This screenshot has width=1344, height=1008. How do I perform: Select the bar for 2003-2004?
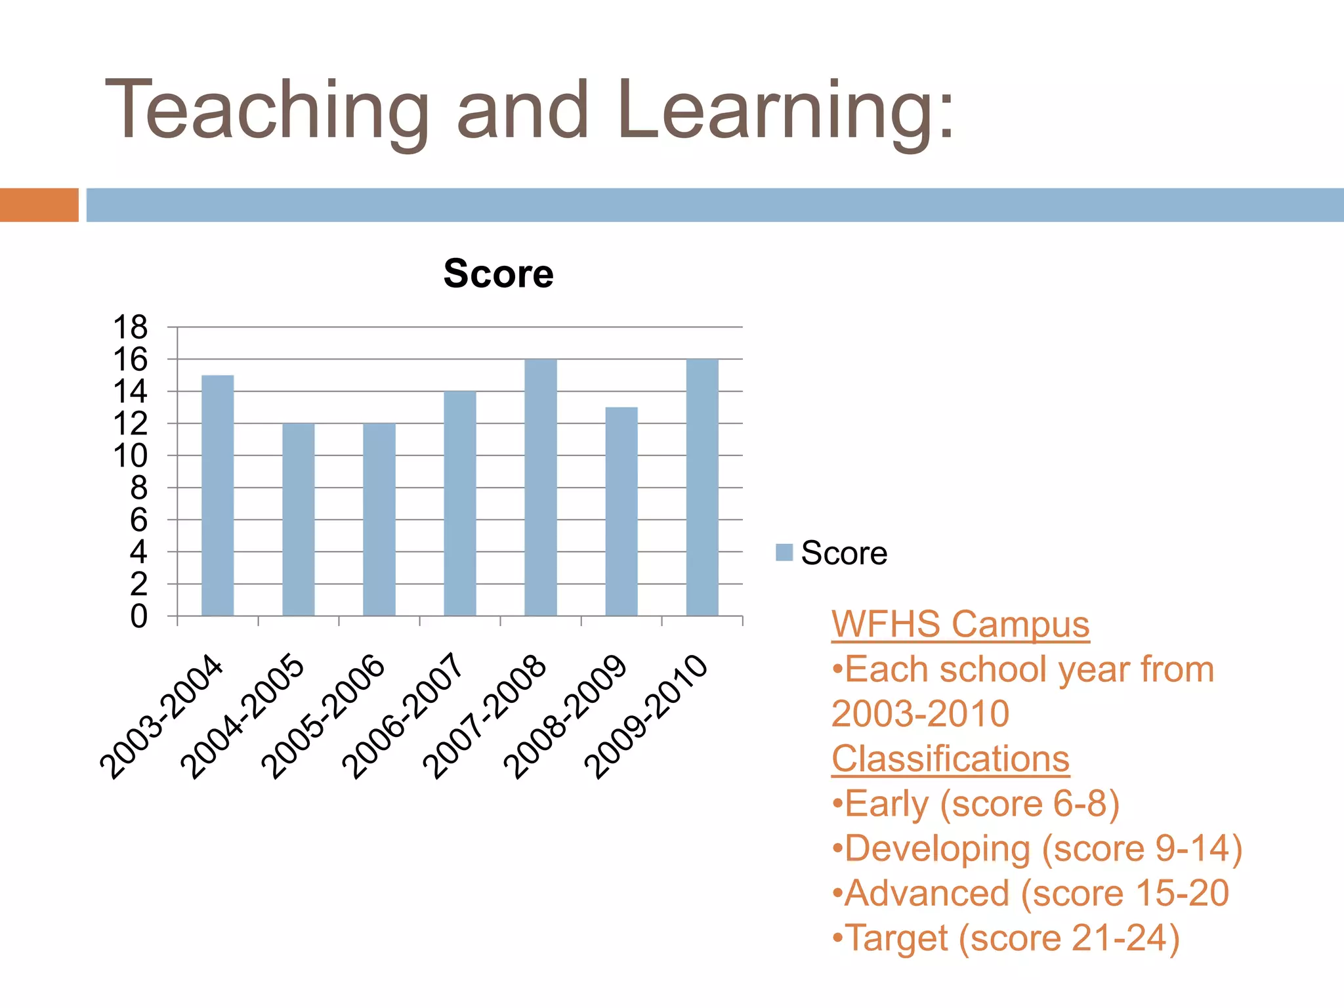217,495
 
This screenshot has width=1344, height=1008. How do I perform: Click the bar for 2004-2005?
298,519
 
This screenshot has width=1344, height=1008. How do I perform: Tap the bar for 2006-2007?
459,503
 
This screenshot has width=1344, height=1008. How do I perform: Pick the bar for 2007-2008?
541,487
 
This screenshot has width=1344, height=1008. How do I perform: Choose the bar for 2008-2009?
621,511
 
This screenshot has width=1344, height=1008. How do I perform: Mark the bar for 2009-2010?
702,487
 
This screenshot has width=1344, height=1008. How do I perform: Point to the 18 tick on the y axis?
131,327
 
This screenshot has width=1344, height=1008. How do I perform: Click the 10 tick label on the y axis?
131,455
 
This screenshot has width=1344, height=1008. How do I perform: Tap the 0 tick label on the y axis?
138,616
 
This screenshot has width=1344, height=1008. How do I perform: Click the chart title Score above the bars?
498,274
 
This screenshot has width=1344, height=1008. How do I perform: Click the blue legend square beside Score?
784,552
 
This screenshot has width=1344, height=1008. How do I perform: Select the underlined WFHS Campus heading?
960,624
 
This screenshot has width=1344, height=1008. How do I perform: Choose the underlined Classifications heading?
950,759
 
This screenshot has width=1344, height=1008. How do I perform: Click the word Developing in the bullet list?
937,849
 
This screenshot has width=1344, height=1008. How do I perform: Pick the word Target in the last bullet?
896,938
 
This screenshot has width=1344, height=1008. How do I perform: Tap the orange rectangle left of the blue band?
39,205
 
